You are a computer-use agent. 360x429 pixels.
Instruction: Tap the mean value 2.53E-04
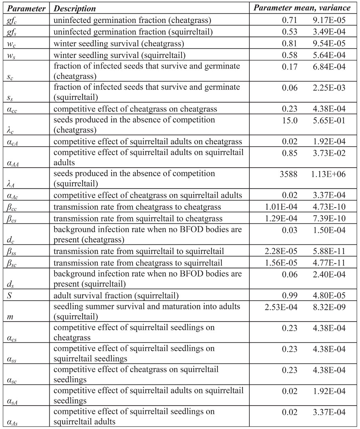(280, 306)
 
